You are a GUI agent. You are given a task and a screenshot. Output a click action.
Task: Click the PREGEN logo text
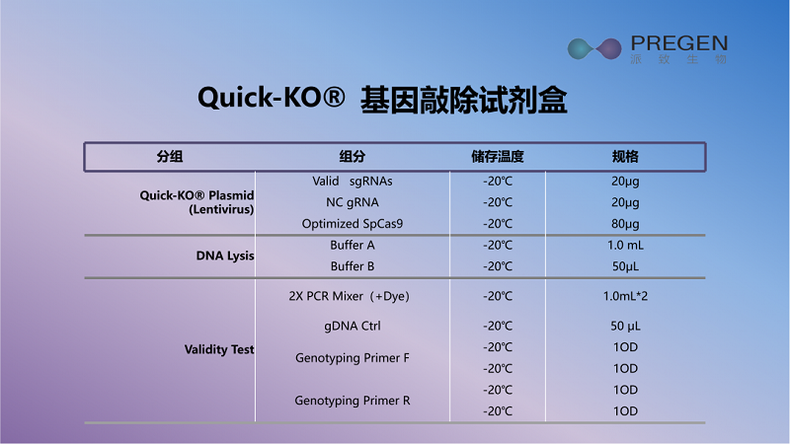click(678, 43)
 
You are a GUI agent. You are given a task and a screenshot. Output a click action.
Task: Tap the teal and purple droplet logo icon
click(594, 48)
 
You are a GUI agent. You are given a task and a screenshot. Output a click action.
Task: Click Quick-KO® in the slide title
click(271, 97)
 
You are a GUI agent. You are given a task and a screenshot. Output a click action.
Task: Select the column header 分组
click(169, 157)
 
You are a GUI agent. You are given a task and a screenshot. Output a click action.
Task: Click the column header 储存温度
click(498, 157)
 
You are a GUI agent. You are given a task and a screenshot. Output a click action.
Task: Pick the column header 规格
click(625, 157)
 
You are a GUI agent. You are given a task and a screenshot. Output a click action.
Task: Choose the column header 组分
click(353, 157)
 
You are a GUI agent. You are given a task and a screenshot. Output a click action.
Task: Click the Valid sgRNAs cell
click(353, 182)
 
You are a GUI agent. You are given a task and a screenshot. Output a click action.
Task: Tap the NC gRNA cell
click(353, 202)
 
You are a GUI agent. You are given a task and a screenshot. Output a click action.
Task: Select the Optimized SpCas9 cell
click(353, 224)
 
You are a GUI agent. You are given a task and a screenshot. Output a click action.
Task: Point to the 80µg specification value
click(625, 224)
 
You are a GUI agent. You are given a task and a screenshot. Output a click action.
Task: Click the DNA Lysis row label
click(225, 256)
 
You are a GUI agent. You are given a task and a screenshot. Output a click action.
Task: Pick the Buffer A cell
click(353, 245)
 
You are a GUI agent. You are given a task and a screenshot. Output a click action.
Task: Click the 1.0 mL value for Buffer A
click(625, 245)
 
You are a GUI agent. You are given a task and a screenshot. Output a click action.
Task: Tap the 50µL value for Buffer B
click(625, 266)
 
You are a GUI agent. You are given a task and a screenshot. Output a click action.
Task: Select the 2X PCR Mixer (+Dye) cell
click(350, 296)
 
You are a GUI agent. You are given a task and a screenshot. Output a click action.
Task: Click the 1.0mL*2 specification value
click(625, 296)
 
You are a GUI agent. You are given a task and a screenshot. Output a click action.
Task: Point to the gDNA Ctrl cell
click(353, 327)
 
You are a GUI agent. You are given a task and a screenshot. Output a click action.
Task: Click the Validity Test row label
click(219, 349)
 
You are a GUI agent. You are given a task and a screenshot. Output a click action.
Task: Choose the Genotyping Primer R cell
click(353, 401)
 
